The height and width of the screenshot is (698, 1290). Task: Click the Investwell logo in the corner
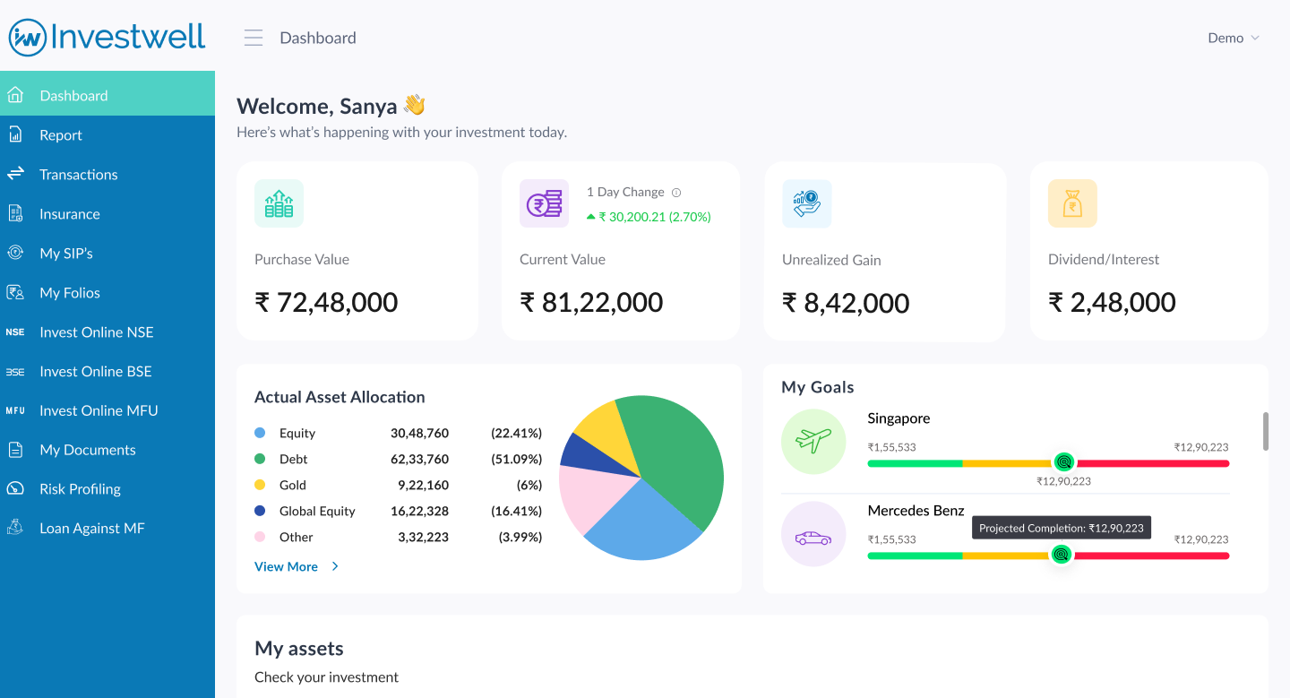coord(107,37)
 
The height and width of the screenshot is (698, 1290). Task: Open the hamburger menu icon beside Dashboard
coord(254,38)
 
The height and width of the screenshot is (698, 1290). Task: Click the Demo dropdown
coord(1233,38)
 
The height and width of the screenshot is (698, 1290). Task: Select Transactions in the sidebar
coord(79,175)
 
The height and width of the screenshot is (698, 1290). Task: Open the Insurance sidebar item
coord(70,214)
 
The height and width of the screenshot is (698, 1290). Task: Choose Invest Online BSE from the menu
coord(96,371)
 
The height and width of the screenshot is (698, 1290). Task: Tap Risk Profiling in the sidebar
coord(80,489)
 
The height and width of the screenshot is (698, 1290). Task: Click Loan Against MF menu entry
coord(91,529)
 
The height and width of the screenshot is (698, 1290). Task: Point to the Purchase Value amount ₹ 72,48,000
coord(326,302)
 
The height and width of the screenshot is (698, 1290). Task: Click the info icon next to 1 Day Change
coord(676,193)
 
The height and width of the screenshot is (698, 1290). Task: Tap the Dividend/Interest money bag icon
coord(1072,203)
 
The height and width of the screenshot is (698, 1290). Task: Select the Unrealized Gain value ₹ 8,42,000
coord(845,303)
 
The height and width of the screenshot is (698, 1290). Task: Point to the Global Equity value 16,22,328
coord(419,511)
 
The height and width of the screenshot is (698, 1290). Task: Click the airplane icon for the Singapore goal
coord(813,441)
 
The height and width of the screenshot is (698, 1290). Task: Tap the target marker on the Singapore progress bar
coord(1063,462)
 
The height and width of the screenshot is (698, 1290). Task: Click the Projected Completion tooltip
coord(1061,528)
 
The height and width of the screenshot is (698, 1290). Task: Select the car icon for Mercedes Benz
coord(813,538)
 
